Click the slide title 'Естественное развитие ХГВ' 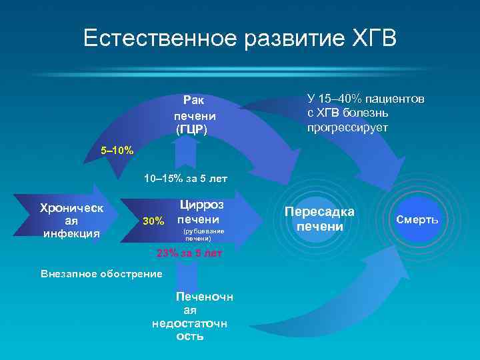pos(240,38)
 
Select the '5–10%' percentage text pos(117,151)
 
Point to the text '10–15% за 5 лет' pos(186,178)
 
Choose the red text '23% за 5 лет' pos(189,254)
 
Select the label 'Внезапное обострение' pos(101,274)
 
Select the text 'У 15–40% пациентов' pos(365,99)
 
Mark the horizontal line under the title pos(240,74)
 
